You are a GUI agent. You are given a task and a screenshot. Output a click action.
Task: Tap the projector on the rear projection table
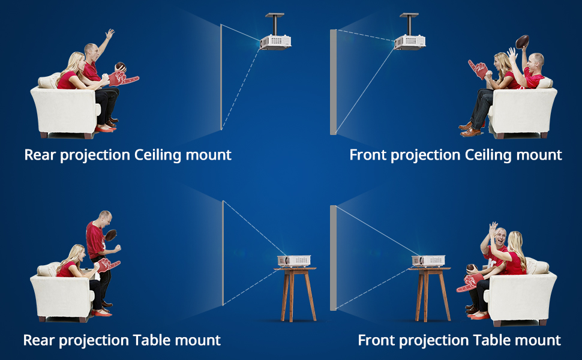(294, 260)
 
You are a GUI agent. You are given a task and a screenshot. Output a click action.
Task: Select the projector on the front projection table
(428, 260)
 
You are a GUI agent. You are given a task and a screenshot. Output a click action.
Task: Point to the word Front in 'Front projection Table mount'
(376, 340)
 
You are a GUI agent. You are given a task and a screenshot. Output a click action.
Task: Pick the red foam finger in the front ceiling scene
(478, 69)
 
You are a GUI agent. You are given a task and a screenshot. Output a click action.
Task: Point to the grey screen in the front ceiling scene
(333, 82)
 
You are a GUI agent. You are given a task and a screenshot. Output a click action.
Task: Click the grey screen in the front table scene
(333, 258)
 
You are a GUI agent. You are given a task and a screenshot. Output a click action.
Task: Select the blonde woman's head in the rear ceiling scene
(77, 60)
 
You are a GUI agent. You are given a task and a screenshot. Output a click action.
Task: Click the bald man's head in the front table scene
(500, 236)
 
